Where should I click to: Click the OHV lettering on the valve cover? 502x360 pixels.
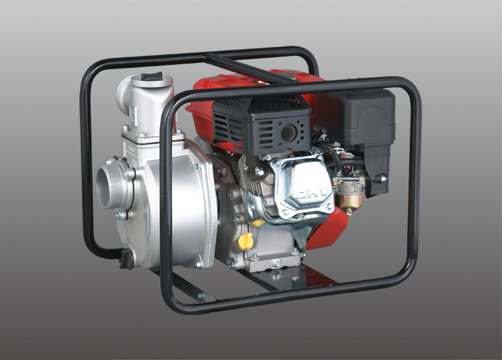[x=313, y=192]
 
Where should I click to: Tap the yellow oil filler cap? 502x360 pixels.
[x=246, y=241]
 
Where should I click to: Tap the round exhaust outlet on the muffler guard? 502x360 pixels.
[x=288, y=131]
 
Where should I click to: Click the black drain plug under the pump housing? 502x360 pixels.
[x=126, y=258]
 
